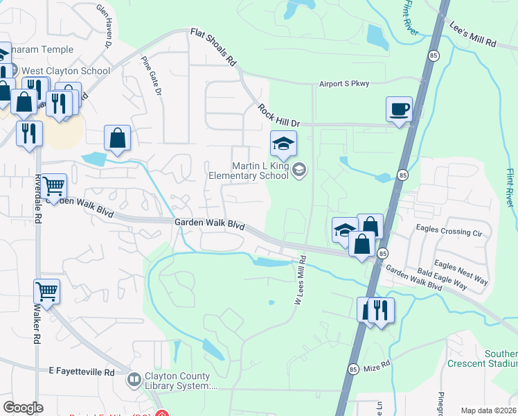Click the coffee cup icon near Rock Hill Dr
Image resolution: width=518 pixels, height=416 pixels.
[x=399, y=110]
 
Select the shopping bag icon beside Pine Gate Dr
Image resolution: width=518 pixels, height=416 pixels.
[x=118, y=137]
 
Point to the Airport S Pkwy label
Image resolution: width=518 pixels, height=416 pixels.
[x=344, y=83]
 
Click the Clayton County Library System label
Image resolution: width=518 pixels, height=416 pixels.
[x=181, y=381]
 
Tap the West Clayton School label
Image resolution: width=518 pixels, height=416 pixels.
[x=66, y=71]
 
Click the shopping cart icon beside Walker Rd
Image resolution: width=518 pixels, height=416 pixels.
[x=46, y=291]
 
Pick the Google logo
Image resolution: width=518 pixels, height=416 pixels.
[x=23, y=408]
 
